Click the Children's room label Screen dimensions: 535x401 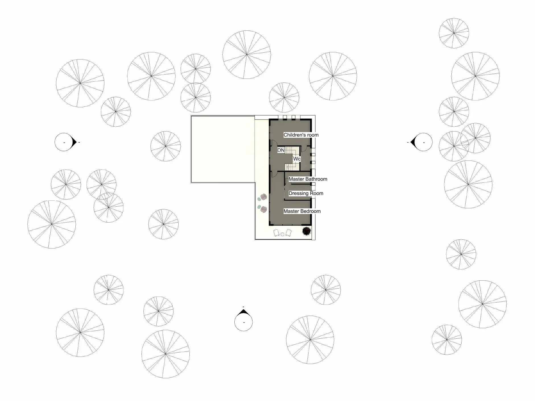pyautogui.click(x=301, y=135)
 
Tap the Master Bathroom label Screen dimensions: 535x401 pyautogui.click(x=308, y=179)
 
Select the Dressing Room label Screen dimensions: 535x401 pyautogui.click(x=306, y=193)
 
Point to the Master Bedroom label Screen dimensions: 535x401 pyautogui.click(x=302, y=211)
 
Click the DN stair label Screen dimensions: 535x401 pyautogui.click(x=281, y=150)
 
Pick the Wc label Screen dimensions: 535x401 pyautogui.click(x=297, y=159)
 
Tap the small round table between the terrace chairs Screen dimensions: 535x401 pyautogui.click(x=282, y=234)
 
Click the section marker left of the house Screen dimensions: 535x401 pyautogui.click(x=66, y=142)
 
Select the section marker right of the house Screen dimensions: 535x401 pyautogui.click(x=422, y=142)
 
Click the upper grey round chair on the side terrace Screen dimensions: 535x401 pyautogui.click(x=263, y=197)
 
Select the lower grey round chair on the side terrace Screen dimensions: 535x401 pyautogui.click(x=263, y=210)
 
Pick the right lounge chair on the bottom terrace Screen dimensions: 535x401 pyautogui.click(x=288, y=233)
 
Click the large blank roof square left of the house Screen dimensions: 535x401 pyautogui.click(x=223, y=149)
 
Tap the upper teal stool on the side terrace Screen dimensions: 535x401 pyautogui.click(x=259, y=198)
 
